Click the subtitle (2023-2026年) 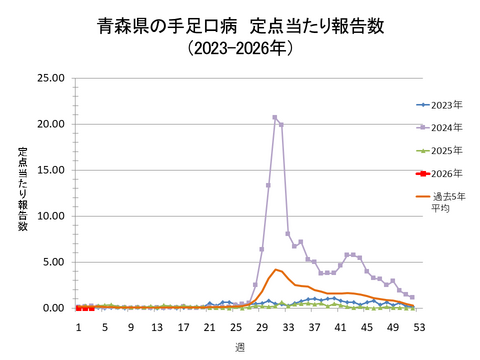[x=240, y=48]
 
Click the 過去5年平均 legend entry [x=446, y=202]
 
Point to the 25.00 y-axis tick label [x=50, y=78]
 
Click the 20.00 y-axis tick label [x=50, y=124]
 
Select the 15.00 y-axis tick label [x=50, y=170]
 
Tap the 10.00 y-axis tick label [x=50, y=216]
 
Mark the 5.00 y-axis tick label [x=53, y=262]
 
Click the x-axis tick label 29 [x=261, y=327]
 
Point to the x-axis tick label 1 [x=78, y=327]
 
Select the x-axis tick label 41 [x=340, y=327]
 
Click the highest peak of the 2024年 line [x=274, y=117]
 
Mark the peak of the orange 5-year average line [x=275, y=269]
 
